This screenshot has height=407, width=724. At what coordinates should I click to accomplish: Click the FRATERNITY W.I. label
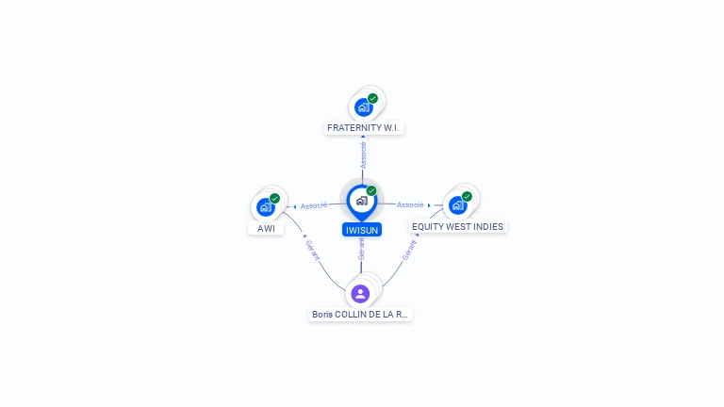[363, 128]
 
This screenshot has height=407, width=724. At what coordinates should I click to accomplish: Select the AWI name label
[266, 228]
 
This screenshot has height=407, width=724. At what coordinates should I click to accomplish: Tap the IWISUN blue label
[362, 230]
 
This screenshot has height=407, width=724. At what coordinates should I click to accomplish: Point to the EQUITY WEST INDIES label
[457, 226]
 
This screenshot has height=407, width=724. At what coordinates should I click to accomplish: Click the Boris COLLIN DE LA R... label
[360, 315]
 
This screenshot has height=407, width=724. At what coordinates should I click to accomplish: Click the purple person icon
[360, 294]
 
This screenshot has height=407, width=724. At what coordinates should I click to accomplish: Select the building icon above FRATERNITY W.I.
[364, 107]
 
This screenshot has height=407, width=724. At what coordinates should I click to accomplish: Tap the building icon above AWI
[266, 207]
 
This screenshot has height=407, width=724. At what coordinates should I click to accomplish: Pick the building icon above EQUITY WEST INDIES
[458, 205]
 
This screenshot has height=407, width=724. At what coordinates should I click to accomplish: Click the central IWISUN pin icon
[362, 202]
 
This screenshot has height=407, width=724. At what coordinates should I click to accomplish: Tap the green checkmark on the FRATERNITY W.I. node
[372, 98]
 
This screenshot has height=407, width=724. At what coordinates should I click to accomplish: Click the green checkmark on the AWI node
[274, 199]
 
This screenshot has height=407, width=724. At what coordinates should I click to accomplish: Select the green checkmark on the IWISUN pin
[371, 190]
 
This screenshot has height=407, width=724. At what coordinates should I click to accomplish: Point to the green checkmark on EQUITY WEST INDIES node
[467, 197]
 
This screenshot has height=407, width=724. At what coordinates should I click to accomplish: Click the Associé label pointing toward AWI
[314, 205]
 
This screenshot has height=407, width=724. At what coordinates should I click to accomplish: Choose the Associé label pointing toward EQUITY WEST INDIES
[410, 204]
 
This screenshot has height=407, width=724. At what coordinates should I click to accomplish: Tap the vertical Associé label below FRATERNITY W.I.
[363, 155]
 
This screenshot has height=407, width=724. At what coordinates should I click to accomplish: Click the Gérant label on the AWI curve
[313, 250]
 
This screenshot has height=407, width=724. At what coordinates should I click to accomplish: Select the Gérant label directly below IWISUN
[362, 249]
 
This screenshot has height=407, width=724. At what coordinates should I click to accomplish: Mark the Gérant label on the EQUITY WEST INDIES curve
[409, 250]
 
